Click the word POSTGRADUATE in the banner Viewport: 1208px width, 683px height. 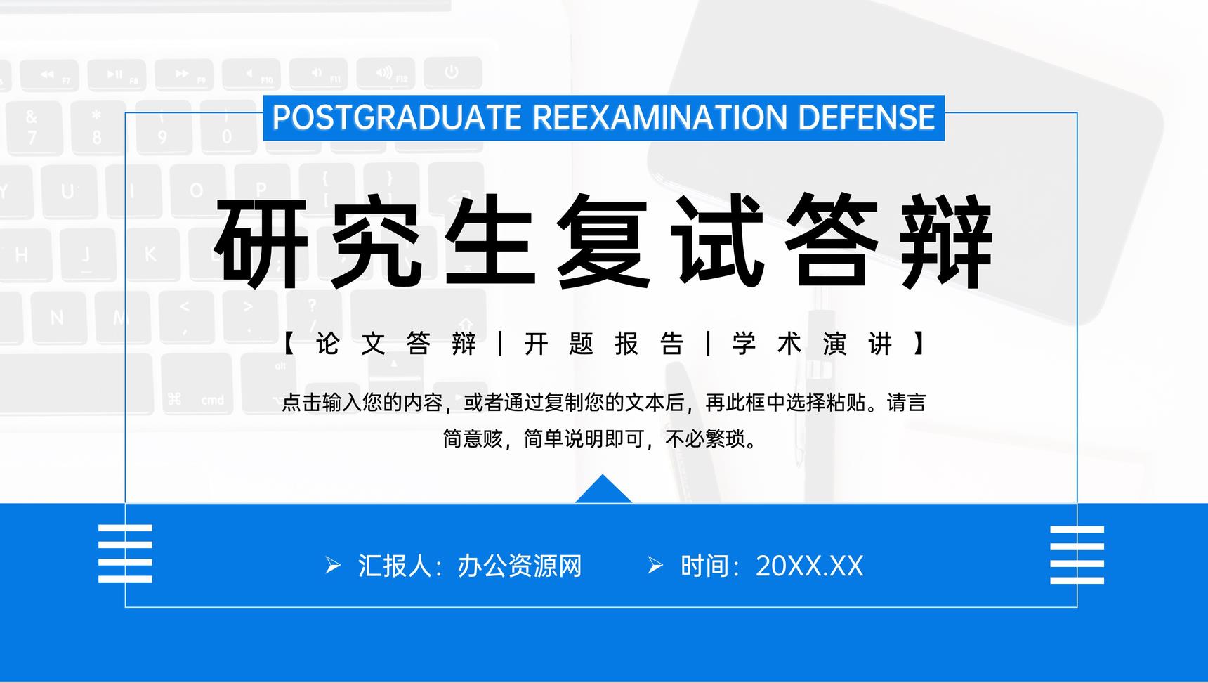(x=397, y=117)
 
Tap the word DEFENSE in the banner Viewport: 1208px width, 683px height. (x=867, y=117)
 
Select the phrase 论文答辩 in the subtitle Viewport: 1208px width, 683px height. (x=396, y=344)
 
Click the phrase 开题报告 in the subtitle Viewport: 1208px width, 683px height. (x=604, y=344)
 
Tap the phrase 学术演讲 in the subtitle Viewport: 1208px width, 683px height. (x=813, y=344)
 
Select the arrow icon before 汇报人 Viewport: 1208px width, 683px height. (x=333, y=566)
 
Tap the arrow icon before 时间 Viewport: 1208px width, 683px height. (x=655, y=566)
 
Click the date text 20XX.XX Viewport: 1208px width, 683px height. (x=809, y=566)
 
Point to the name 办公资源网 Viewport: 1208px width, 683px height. (x=520, y=566)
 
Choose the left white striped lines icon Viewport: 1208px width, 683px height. (x=125, y=553)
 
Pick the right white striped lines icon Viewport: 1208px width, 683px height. (x=1077, y=554)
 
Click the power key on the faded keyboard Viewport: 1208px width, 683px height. (x=452, y=72)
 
